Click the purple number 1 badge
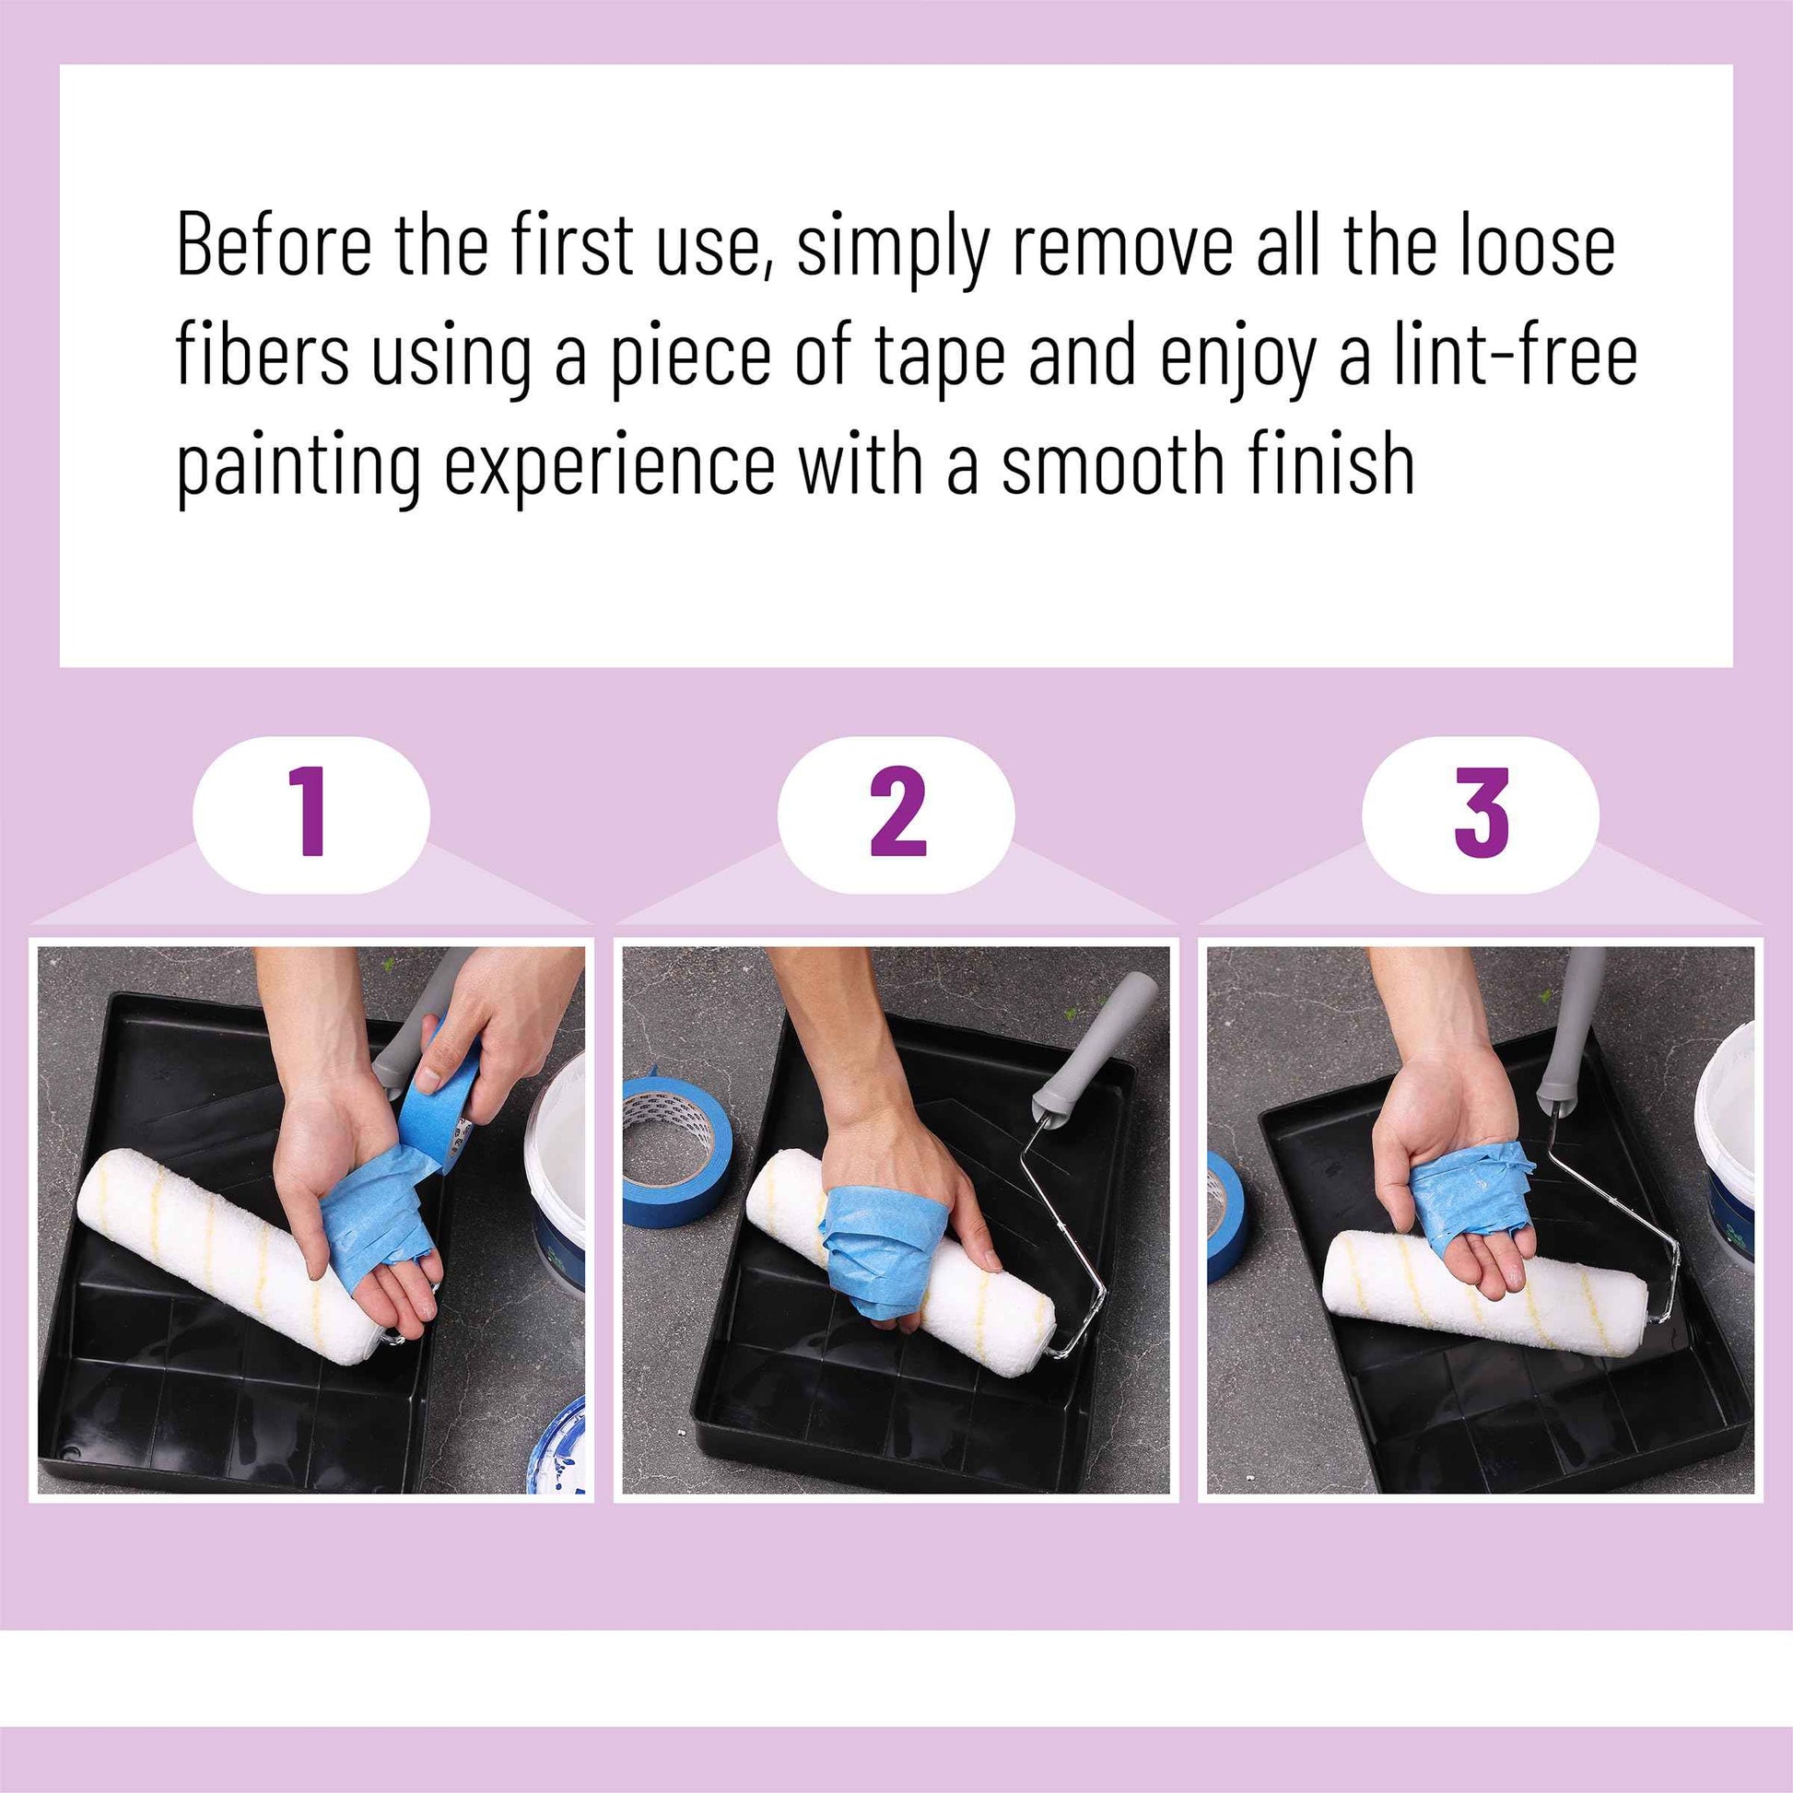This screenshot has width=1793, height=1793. tap(311, 813)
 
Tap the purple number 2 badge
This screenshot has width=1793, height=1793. tap(896, 813)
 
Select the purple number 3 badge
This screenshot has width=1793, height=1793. tap(1481, 813)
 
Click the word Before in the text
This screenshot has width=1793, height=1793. tap(274, 245)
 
